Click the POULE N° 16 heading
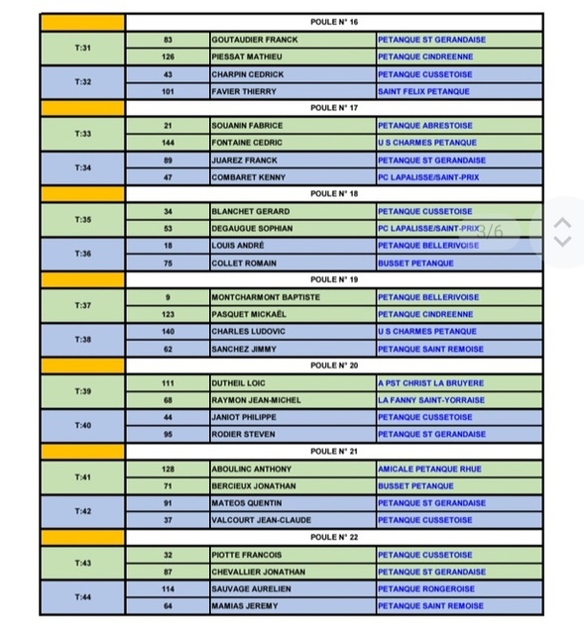click(x=334, y=22)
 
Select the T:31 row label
click(x=83, y=48)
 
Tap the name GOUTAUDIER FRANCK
click(x=255, y=40)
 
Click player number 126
click(x=168, y=56)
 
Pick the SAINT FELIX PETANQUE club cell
click(x=423, y=91)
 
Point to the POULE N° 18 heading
click(x=334, y=194)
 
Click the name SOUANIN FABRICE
click(x=247, y=126)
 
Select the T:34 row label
click(x=83, y=168)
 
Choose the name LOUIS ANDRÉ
click(x=238, y=246)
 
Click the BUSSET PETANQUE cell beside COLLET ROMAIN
click(x=415, y=264)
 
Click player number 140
click(x=168, y=332)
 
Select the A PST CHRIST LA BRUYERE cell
click(x=431, y=383)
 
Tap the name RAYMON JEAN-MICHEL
click(x=250, y=400)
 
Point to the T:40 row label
click(x=83, y=426)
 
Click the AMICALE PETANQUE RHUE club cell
click(x=431, y=470)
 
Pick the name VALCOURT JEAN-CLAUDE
click(x=254, y=520)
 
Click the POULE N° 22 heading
click(x=334, y=538)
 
